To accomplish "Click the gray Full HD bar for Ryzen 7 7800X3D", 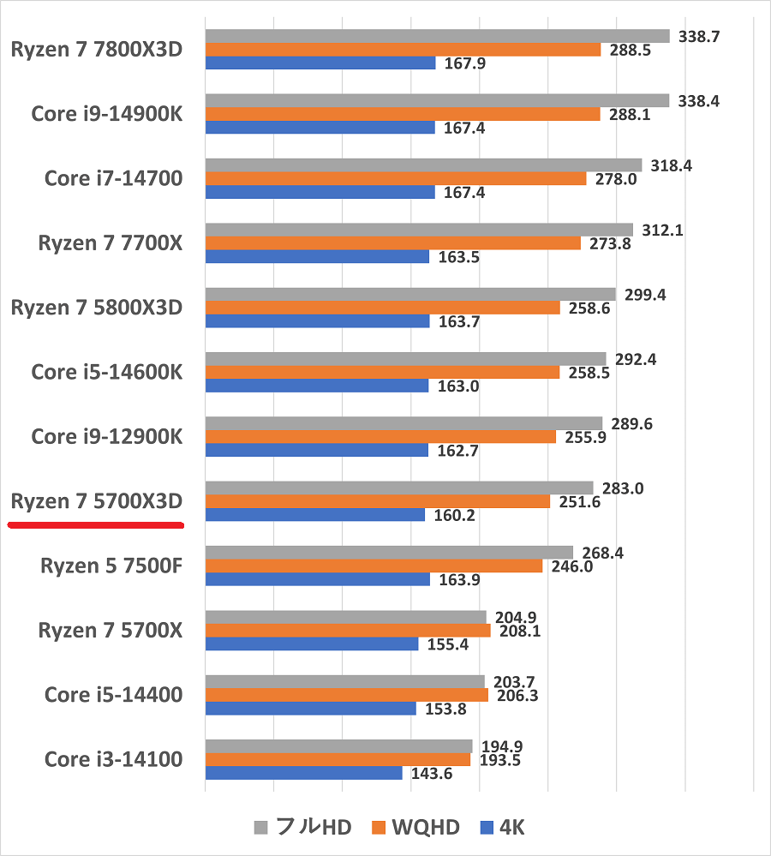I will (x=437, y=36).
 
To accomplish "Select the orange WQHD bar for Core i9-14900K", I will (x=403, y=114).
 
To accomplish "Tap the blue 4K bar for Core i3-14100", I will (x=303, y=773).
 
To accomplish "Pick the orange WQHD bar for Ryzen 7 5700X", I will (x=348, y=631).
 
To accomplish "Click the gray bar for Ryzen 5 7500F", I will (x=389, y=553).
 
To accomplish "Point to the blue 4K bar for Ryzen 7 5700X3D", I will (x=314, y=515).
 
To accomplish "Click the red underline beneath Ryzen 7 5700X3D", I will (x=96, y=524).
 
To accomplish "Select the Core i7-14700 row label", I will (x=113, y=178).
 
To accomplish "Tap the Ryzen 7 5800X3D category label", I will (x=97, y=308).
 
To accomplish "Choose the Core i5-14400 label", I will (x=113, y=695).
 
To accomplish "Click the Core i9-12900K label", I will (x=107, y=437).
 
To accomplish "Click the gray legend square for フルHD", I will (x=261, y=828).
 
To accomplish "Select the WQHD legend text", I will (x=426, y=828).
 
